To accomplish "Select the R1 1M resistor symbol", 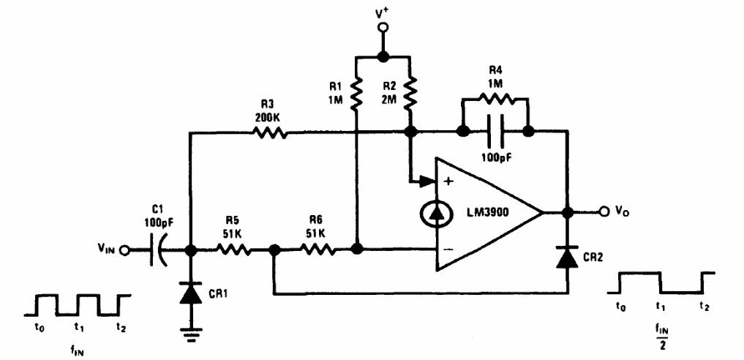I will coord(356,94).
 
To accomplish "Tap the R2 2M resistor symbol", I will coord(411,94).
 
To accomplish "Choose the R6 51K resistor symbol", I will coord(317,250).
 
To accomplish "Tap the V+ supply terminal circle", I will coord(382,29).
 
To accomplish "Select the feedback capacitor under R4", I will coord(494,132).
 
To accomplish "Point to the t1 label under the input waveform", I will coord(80,327).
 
